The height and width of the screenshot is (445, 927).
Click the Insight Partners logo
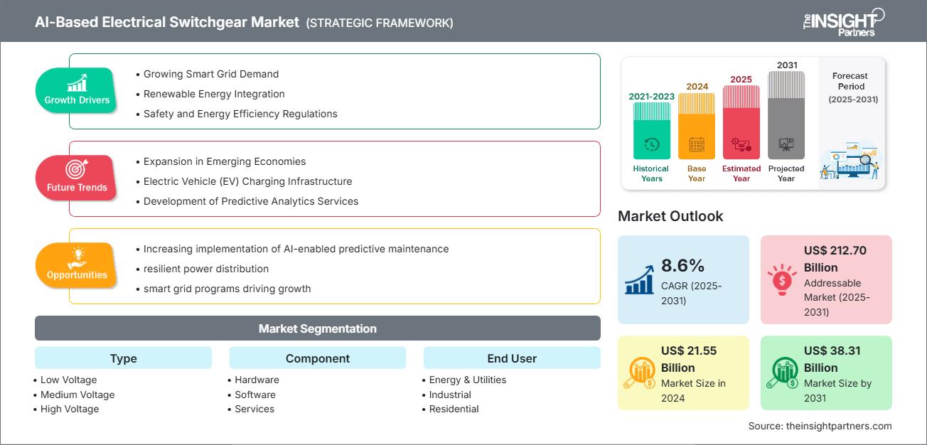pyautogui.click(x=842, y=21)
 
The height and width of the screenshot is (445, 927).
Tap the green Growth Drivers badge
pyautogui.click(x=77, y=90)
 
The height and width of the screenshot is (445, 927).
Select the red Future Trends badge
pyautogui.click(x=76, y=178)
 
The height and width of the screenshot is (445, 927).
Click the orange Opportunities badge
pyautogui.click(x=76, y=265)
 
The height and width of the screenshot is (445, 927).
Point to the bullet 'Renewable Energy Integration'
pyautogui.click(x=214, y=94)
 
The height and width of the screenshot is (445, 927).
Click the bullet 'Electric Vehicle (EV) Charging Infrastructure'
pyautogui.click(x=247, y=181)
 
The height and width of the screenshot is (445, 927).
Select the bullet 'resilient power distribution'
pyautogui.click(x=205, y=269)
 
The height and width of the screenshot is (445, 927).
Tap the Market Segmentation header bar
pyautogui.click(x=317, y=328)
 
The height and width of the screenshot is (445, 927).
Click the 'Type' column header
pyautogui.click(x=123, y=358)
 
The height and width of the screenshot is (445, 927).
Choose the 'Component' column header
pyautogui.click(x=317, y=358)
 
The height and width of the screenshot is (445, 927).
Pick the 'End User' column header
pyautogui.click(x=512, y=358)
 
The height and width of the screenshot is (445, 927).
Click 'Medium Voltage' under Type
pyautogui.click(x=77, y=395)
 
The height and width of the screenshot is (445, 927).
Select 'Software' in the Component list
pyautogui.click(x=255, y=395)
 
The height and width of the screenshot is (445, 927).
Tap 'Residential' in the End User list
pyautogui.click(x=454, y=409)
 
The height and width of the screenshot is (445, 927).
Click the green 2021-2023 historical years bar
pyautogui.click(x=651, y=130)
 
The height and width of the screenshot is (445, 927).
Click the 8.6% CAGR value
pyautogui.click(x=682, y=266)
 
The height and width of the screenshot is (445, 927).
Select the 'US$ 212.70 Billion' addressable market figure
pyautogui.click(x=835, y=259)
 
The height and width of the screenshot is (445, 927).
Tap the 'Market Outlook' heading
pyautogui.click(x=670, y=216)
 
